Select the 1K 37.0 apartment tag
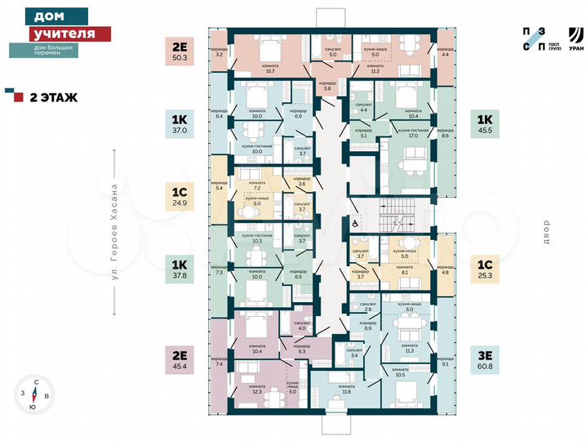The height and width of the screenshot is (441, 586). (x=179, y=123)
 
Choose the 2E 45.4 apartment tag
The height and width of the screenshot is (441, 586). (x=179, y=360)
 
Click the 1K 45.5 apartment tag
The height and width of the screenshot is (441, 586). (x=484, y=123)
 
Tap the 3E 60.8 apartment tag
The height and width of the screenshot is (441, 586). (x=484, y=360)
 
